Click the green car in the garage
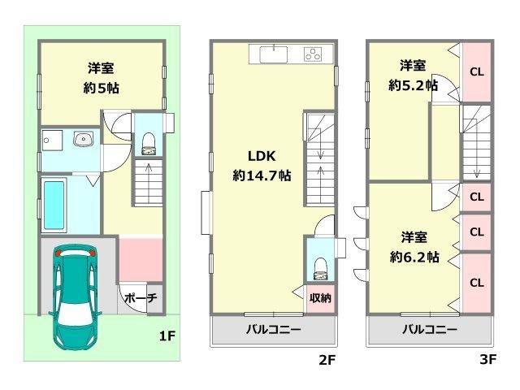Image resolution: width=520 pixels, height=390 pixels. [76, 297]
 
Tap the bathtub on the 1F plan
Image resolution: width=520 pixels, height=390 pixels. [54, 205]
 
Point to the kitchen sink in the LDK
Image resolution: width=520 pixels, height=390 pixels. [274, 54]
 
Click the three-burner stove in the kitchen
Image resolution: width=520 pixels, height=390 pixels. [313, 54]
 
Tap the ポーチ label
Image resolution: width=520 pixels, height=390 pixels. [141, 298]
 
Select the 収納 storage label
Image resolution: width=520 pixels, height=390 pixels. [320, 298]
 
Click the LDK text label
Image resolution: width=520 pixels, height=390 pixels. [262, 156]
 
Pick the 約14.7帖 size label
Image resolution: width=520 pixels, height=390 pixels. [262, 175]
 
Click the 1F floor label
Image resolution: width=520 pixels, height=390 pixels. [167, 336]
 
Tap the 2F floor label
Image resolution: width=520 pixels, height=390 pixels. [327, 359]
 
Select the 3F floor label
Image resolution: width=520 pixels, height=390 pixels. [487, 359]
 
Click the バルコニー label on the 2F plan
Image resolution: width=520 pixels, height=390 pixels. [273, 329]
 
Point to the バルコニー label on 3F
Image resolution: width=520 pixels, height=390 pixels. [430, 329]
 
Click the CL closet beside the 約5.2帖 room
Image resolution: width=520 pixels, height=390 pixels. [477, 71]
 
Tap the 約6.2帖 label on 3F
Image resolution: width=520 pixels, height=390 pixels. [414, 257]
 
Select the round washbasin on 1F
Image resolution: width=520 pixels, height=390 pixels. [83, 139]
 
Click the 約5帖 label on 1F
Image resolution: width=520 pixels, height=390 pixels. [101, 89]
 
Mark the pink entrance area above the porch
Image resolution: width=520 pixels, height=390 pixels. [141, 260]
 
